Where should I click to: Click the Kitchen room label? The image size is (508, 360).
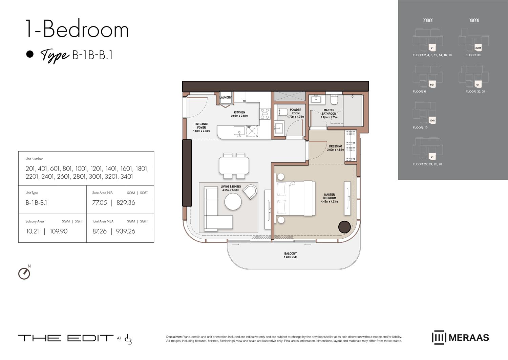(x=239, y=112)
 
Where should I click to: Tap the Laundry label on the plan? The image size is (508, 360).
(x=226, y=98)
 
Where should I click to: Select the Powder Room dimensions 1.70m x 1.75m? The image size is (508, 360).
(x=295, y=117)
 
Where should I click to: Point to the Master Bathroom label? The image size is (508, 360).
(x=329, y=112)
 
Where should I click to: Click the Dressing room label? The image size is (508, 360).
(x=335, y=146)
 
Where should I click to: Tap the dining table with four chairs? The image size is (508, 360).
(x=234, y=166)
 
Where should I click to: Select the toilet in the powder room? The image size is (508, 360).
(x=283, y=112)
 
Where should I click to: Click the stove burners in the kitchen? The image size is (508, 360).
(x=265, y=114)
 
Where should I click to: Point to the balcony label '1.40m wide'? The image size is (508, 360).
(x=290, y=257)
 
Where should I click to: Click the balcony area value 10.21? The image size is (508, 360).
(x=33, y=231)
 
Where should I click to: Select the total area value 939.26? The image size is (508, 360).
(x=126, y=231)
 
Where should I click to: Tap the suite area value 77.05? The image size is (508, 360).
(x=100, y=203)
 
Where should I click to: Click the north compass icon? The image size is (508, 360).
(x=24, y=273)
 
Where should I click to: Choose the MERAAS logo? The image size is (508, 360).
(x=460, y=338)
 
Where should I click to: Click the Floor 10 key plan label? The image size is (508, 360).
(x=420, y=128)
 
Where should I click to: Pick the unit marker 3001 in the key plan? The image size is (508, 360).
(x=478, y=48)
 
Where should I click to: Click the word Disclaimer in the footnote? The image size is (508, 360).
(x=174, y=337)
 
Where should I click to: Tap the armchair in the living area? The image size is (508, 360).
(x=250, y=192)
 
